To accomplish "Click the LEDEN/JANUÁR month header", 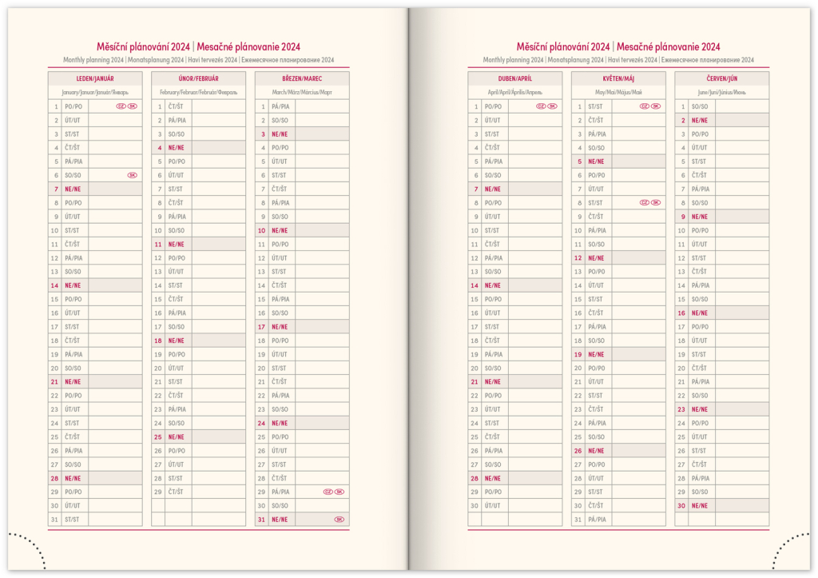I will [x=95, y=78].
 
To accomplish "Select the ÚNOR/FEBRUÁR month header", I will [x=198, y=78].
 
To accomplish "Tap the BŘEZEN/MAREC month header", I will [x=302, y=78].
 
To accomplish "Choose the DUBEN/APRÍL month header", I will [x=515, y=78].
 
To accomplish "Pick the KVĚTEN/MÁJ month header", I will [x=618, y=78].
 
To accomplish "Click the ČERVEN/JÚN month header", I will [x=721, y=78].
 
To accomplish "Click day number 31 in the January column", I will [x=54, y=520].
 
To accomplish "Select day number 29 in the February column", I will [x=158, y=492].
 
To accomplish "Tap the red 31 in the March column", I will [x=261, y=520].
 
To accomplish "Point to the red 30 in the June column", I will [x=682, y=505].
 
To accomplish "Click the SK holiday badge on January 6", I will [x=132, y=175].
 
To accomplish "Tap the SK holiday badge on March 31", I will [x=339, y=520].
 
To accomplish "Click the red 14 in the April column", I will [x=475, y=285].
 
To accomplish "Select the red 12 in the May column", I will [x=578, y=257].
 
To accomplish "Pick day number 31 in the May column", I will [x=578, y=520].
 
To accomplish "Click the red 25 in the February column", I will [x=158, y=436].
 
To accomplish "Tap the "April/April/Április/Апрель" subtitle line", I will [x=515, y=93].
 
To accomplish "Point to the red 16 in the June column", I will [x=682, y=313].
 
